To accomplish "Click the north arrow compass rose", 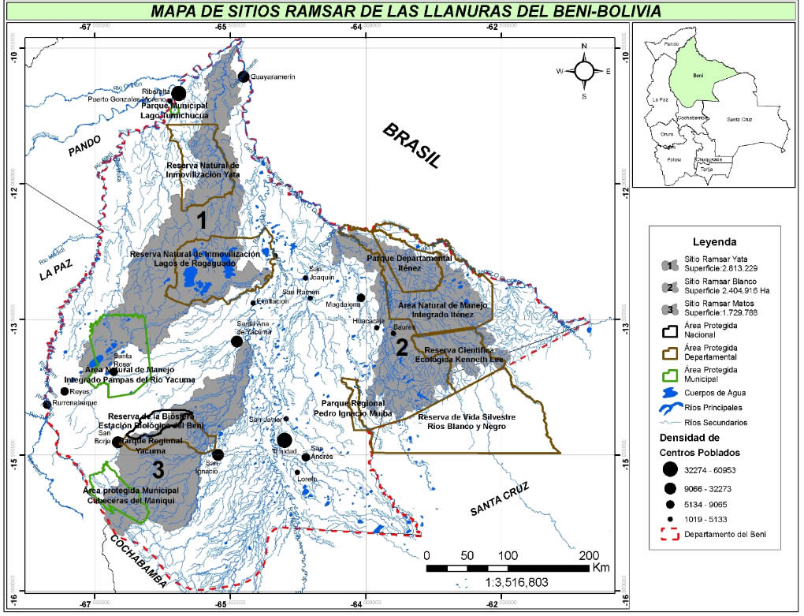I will pos(584,71).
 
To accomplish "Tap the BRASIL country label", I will pos(411,146).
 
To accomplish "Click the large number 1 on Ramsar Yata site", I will pos(202,221).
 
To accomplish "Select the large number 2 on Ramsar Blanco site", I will pos(401,347).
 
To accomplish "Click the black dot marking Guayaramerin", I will pos(244,77).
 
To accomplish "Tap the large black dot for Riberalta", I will pos(178,94).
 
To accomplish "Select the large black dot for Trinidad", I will pos(285,441).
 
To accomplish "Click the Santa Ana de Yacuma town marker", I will pos(236,342).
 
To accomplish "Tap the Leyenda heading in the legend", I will pos(713,241).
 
